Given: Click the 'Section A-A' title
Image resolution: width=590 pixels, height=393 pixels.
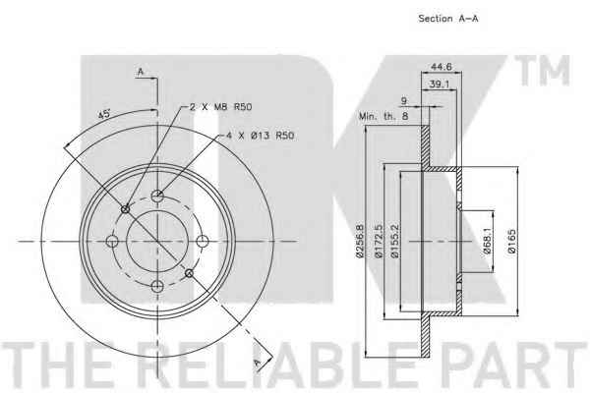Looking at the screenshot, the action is (448, 19).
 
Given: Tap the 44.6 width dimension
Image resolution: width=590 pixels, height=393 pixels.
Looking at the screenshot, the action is (441, 67).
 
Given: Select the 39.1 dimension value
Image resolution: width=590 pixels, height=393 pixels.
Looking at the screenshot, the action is (440, 84).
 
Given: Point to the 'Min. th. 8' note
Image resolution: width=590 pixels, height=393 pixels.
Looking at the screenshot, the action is (383, 116).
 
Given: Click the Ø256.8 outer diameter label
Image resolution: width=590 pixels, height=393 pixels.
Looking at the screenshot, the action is (360, 241).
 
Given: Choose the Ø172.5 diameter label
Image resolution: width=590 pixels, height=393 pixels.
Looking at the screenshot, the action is (379, 241).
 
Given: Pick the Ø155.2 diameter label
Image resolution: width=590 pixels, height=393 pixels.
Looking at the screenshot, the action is (394, 241).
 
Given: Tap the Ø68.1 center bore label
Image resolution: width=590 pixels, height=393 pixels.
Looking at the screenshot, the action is (488, 241).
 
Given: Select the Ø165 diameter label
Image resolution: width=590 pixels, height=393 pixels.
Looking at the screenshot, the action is (511, 241).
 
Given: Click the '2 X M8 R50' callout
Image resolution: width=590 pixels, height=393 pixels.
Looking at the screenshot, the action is (220, 107).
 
